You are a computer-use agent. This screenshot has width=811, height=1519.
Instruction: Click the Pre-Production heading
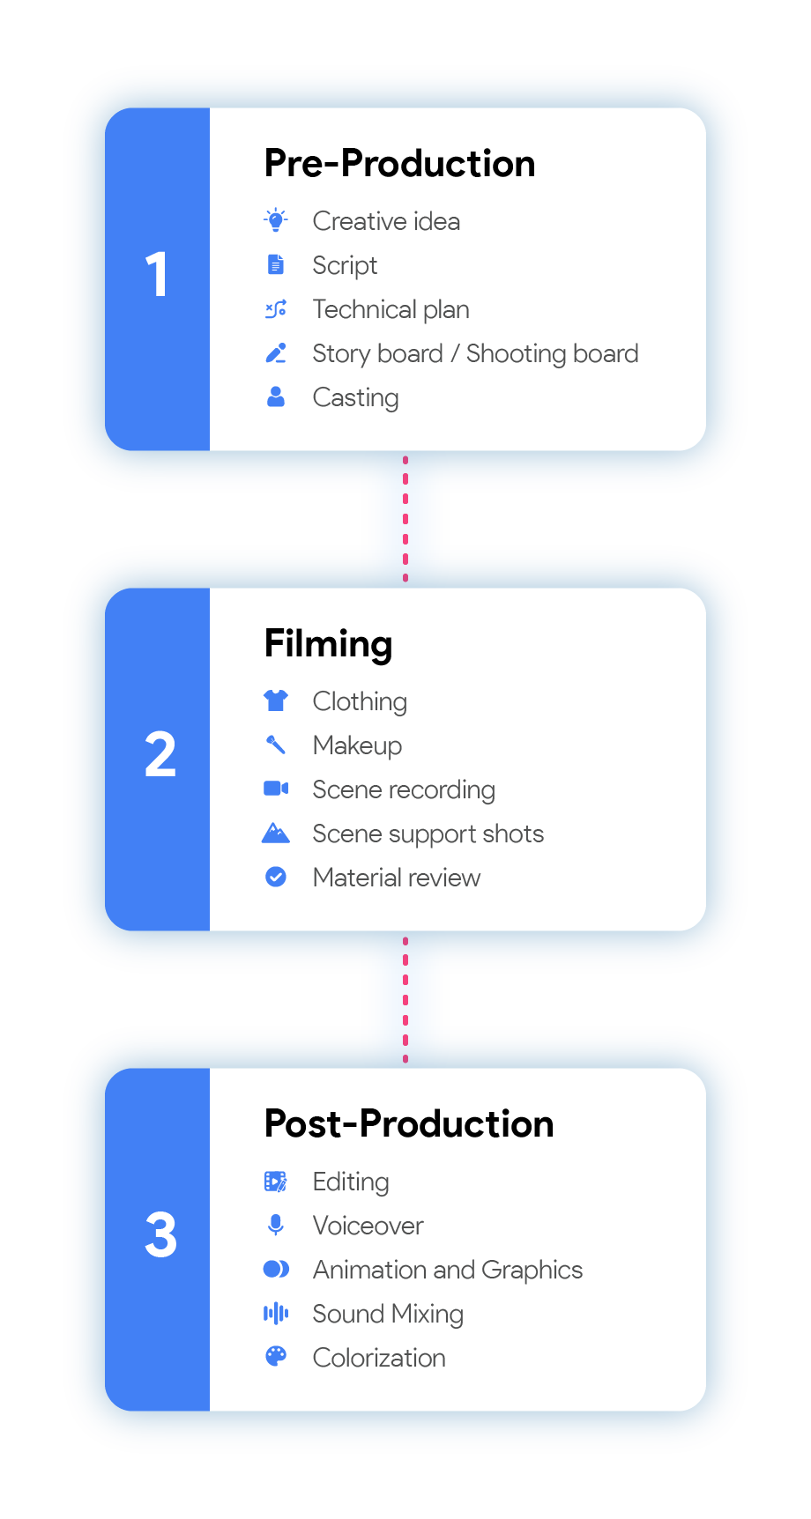click(x=399, y=164)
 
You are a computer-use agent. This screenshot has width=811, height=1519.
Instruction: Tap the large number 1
click(x=157, y=274)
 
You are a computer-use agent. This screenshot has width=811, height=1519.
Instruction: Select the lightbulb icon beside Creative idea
click(x=276, y=220)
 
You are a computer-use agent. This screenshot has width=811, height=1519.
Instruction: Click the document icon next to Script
click(x=276, y=264)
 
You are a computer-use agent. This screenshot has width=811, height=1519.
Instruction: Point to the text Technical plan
click(x=391, y=309)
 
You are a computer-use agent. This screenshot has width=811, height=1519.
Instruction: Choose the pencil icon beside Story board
click(x=276, y=353)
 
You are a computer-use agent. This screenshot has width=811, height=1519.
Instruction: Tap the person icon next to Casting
click(x=276, y=397)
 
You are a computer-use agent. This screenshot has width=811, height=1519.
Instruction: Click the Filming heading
click(x=328, y=644)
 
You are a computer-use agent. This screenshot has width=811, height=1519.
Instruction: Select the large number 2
click(x=160, y=755)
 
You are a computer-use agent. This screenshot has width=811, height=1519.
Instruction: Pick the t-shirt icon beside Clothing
click(x=276, y=700)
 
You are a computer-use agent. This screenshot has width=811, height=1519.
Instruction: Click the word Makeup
click(x=357, y=745)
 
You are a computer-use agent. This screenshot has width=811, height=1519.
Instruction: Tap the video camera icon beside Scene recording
click(x=276, y=789)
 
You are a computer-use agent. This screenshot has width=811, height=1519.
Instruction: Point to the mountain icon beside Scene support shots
click(x=276, y=833)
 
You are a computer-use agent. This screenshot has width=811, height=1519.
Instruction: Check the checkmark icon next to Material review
click(x=276, y=877)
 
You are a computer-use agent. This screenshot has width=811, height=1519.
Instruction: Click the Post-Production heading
click(x=409, y=1124)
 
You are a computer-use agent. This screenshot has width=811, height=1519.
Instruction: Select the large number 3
click(x=160, y=1235)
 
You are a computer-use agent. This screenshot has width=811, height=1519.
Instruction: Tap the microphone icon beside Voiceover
click(x=276, y=1225)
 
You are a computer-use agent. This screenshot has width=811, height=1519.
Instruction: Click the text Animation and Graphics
click(x=447, y=1270)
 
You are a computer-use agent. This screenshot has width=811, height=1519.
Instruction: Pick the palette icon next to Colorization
click(x=276, y=1357)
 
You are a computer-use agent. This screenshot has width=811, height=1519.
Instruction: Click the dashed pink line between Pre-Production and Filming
click(x=405, y=520)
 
